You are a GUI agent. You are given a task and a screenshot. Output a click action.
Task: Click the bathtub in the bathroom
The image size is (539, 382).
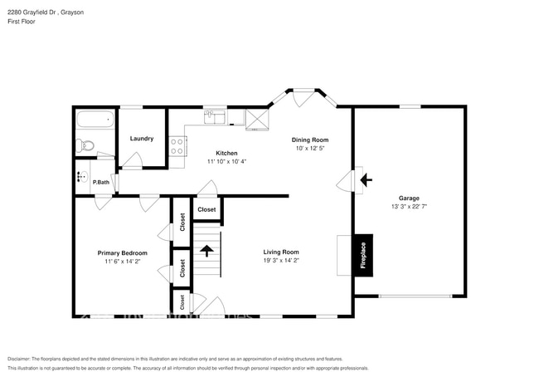94,120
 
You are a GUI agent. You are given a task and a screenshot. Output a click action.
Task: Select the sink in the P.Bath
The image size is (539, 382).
81,176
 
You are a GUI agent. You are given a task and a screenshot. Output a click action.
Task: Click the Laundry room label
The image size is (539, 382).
142,139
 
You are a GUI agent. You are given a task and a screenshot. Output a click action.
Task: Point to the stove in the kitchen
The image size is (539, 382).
177,146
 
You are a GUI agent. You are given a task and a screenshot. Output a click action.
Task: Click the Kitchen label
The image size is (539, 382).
226,153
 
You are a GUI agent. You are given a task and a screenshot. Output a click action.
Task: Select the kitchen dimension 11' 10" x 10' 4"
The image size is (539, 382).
226,161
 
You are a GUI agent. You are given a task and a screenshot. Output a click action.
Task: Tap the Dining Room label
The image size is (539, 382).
311,140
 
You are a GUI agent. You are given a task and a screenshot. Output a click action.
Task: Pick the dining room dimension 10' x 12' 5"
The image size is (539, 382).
311,149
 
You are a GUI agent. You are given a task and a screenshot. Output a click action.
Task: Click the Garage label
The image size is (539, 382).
409,198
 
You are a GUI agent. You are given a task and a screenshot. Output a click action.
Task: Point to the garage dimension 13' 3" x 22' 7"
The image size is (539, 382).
409,206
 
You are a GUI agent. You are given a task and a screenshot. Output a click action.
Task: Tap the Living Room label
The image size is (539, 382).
281,252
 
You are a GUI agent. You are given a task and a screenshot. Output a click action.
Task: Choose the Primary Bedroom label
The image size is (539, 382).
123,252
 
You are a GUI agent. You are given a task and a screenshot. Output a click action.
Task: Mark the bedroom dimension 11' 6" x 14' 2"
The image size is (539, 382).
123,262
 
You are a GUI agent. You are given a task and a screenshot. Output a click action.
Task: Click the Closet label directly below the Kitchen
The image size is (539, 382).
206,209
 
